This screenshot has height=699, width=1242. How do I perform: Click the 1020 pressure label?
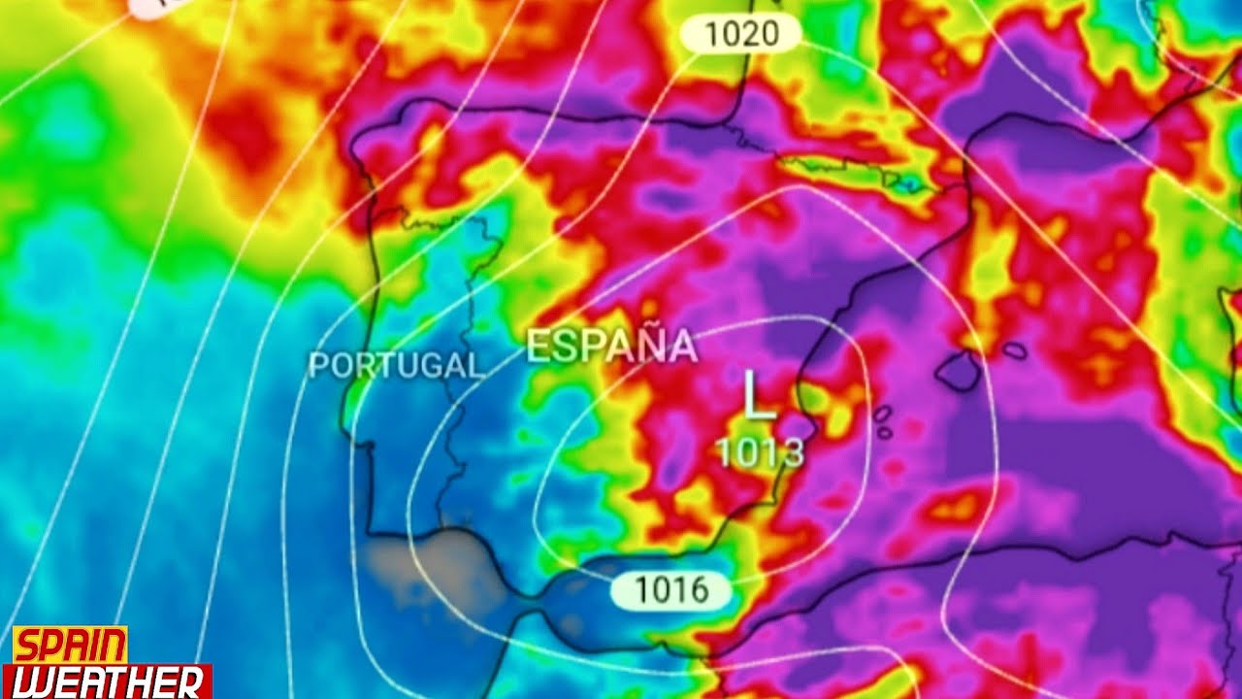pyautogui.click(x=740, y=35)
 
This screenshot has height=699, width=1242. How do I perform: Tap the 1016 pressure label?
pyautogui.click(x=670, y=589)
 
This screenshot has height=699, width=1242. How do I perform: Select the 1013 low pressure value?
pyautogui.click(x=761, y=451)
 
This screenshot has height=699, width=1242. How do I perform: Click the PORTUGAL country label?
pyautogui.click(x=395, y=365)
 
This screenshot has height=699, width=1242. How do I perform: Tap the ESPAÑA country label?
pyautogui.click(x=611, y=347)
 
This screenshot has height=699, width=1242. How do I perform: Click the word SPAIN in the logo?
pyautogui.click(x=69, y=646)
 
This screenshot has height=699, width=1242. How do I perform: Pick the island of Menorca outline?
pyautogui.click(x=1014, y=349)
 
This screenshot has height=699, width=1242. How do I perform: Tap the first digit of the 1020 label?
pyautogui.click(x=710, y=35)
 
